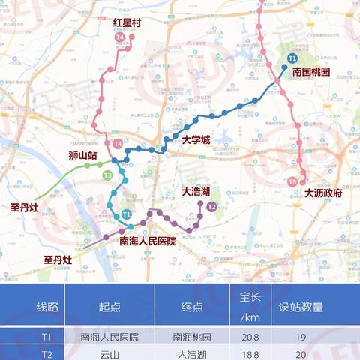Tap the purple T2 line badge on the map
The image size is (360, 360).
pos(212,206)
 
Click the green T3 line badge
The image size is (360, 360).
pos(107,175)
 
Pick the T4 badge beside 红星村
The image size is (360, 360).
pos(119,36)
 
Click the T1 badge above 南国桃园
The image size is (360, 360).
pos(292,58)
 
